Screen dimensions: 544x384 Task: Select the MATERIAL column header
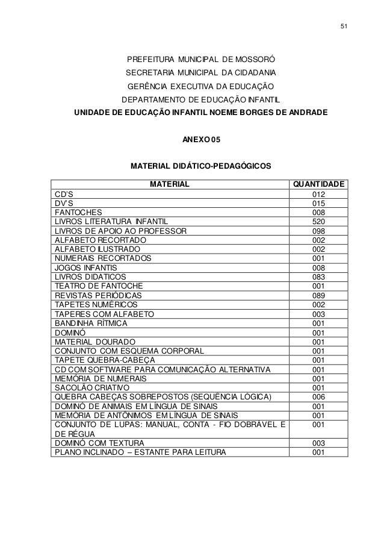tap(170, 183)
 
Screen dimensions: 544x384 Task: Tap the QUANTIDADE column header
tap(318, 183)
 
